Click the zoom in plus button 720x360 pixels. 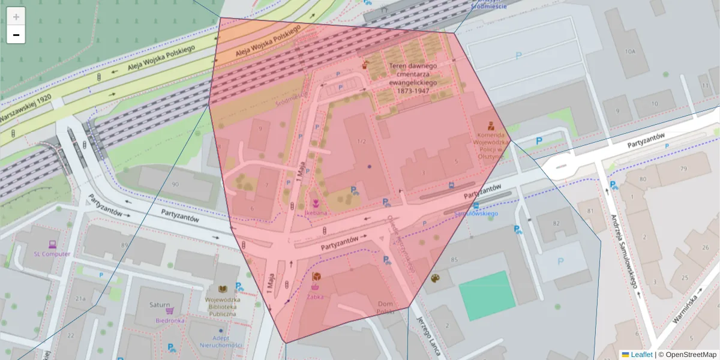[16, 17]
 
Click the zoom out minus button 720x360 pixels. [16, 35]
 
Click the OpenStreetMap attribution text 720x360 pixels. [687, 355]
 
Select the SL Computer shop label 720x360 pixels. [52, 254]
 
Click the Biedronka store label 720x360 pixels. [169, 320]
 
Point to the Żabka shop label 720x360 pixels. [316, 295]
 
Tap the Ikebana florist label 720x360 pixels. [316, 212]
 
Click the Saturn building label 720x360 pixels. [160, 305]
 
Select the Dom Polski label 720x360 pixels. [385, 307]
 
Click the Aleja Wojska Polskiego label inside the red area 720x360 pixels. [267, 41]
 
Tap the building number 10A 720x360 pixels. [629, 52]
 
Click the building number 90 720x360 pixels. [175, 184]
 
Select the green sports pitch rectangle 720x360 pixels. [487, 287]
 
